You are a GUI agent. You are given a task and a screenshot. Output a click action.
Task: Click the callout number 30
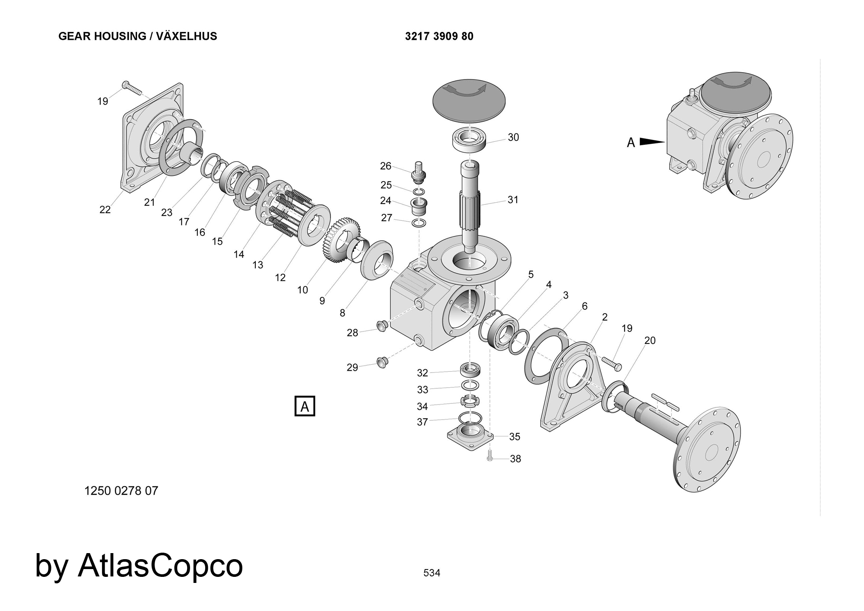tap(513, 137)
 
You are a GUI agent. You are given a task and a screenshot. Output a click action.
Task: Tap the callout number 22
tap(105, 210)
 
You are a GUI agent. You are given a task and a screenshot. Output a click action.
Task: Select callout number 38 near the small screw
tap(515, 459)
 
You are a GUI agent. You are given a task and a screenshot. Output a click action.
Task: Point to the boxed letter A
tap(305, 406)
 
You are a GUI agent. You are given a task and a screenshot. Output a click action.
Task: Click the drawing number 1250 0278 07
tap(121, 491)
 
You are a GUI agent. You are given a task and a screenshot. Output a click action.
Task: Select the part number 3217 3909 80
tap(439, 36)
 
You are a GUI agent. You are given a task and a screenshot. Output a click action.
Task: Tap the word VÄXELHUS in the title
tap(187, 36)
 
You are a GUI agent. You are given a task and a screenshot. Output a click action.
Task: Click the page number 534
tap(432, 573)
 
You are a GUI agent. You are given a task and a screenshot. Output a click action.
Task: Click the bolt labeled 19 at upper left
tap(132, 88)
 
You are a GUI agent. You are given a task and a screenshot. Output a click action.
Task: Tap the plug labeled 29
tap(381, 362)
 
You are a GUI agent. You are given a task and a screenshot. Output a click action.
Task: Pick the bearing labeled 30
tap(470, 140)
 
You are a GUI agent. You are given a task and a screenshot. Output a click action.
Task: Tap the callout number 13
tap(258, 265)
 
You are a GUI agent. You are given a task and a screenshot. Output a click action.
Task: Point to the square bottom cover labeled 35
tap(470, 434)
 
